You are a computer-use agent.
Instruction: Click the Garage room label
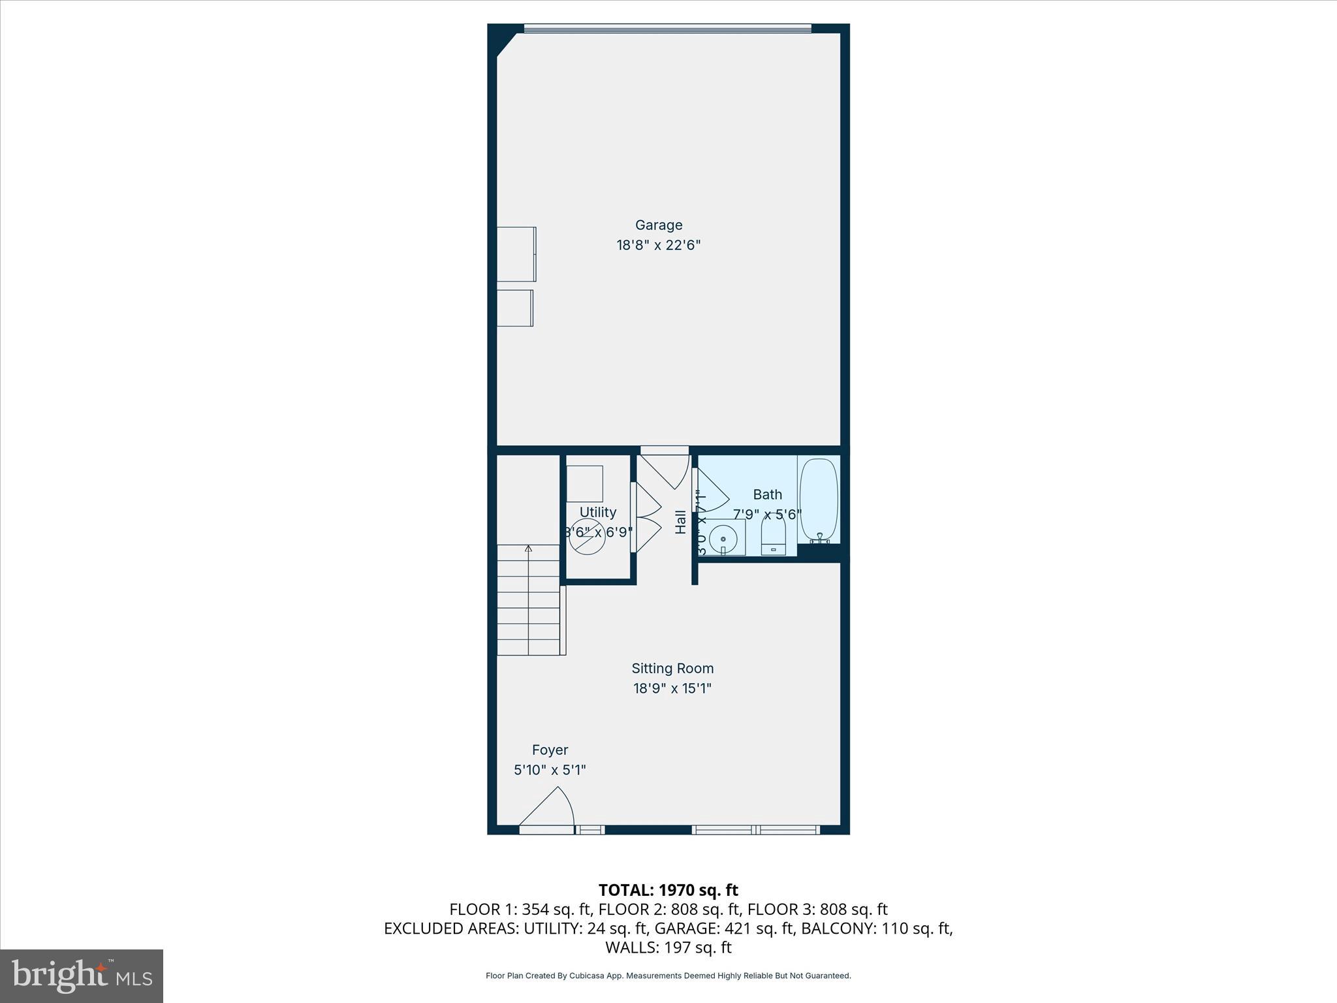(659, 225)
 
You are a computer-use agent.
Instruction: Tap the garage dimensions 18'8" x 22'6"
(659, 246)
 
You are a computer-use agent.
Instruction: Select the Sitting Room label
(672, 669)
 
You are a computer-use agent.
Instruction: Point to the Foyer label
(550, 750)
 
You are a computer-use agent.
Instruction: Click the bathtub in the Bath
(819, 500)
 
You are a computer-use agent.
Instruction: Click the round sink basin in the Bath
(723, 539)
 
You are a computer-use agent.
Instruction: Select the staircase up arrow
(528, 549)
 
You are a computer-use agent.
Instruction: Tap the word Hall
(681, 522)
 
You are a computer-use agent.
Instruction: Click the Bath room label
(767, 495)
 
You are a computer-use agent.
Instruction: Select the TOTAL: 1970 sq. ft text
(668, 890)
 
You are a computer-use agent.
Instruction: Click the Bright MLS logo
(82, 976)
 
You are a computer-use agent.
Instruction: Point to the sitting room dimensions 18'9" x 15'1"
(672, 688)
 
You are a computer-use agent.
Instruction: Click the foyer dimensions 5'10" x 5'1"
(550, 770)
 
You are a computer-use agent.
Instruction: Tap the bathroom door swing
(712, 494)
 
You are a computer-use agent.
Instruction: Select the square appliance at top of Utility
(584, 484)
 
